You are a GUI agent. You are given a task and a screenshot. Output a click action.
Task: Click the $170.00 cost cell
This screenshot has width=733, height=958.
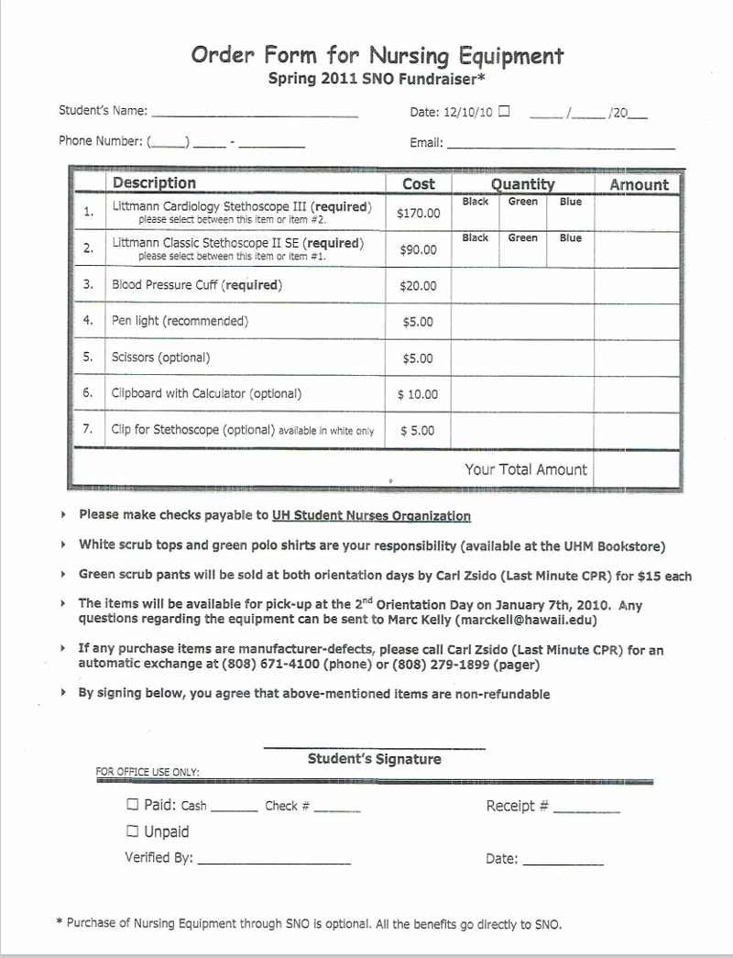tap(419, 214)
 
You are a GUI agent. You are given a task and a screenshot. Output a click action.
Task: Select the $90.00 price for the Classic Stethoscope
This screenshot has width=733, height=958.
tap(419, 249)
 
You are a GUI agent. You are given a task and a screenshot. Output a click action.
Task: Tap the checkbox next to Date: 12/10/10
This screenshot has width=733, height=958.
tap(504, 112)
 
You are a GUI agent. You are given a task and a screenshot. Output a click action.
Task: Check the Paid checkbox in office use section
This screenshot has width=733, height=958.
tap(133, 805)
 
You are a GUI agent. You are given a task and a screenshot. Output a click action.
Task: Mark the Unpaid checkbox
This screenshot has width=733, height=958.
tap(133, 831)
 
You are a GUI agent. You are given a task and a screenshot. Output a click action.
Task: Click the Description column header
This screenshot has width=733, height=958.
tap(154, 183)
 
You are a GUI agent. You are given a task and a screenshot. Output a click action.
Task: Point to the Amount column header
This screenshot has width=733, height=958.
tap(639, 184)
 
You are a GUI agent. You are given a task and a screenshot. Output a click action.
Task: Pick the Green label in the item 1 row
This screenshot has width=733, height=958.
tap(523, 202)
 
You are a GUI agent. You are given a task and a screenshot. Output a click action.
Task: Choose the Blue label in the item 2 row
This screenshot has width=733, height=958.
tap(570, 238)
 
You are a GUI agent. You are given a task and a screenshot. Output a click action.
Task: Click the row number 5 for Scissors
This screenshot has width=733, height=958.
tap(88, 358)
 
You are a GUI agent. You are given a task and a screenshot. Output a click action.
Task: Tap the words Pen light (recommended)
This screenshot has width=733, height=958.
tap(180, 322)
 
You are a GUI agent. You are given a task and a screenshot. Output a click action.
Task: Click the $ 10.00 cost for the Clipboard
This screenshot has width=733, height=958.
tap(418, 394)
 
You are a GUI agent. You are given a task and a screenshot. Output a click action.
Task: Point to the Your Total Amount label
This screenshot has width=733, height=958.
tap(525, 469)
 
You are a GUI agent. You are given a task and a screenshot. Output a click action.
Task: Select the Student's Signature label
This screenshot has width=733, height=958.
tap(374, 759)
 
